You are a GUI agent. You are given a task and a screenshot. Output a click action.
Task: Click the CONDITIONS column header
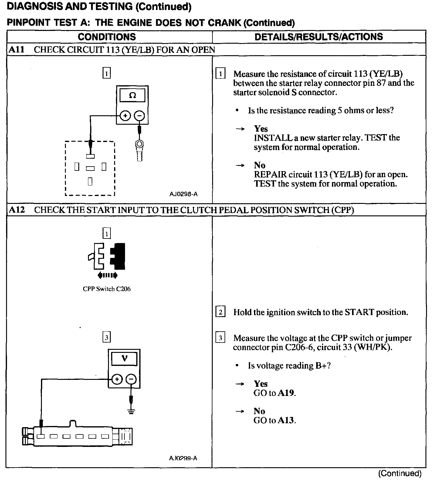107,37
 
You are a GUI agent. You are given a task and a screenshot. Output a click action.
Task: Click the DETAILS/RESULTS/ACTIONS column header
318,37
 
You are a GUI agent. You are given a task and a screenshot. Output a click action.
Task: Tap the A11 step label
17,50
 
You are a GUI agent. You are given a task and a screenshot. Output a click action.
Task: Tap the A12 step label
17,210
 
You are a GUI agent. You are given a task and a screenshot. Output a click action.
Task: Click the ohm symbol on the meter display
132,96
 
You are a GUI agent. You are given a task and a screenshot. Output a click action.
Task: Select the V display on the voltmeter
124,359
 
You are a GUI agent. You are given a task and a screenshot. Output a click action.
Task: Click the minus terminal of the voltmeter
131,379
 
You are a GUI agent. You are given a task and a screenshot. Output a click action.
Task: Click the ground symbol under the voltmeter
131,412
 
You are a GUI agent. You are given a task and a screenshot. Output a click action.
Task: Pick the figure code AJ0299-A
183,458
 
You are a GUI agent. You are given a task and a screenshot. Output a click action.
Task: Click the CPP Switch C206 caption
107,289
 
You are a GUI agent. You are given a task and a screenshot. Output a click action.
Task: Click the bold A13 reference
286,421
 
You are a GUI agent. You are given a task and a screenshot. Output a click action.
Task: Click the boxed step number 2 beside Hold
220,312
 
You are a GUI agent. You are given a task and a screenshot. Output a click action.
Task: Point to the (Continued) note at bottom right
400,474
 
